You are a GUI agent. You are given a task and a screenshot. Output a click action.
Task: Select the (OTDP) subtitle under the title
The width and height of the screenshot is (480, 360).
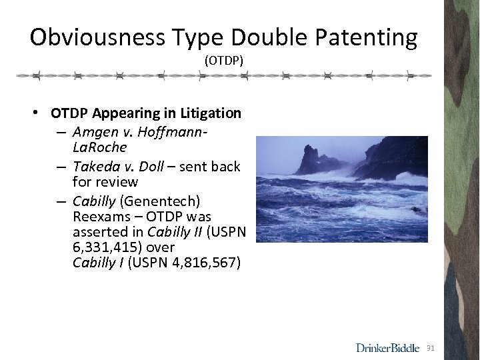tap(224, 61)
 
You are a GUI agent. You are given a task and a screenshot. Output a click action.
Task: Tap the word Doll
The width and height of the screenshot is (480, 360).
tap(152, 166)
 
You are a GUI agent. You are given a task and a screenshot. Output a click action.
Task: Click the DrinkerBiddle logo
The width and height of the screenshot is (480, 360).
tap(387, 347)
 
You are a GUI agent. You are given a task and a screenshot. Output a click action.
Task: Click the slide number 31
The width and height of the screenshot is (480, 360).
tap(430, 348)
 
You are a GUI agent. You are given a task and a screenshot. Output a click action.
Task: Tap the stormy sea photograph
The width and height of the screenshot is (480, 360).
tap(342, 189)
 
